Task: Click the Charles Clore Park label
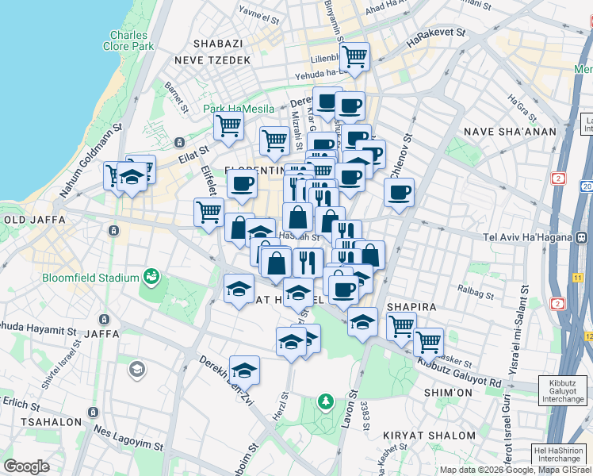pyautogui.click(x=128, y=40)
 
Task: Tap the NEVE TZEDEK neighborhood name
pyautogui.click(x=213, y=60)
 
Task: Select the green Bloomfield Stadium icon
pyautogui.click(x=151, y=278)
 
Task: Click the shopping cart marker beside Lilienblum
pyautogui.click(x=354, y=57)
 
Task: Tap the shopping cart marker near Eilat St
pyautogui.click(x=228, y=126)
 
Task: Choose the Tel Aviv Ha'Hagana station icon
pyautogui.click(x=581, y=236)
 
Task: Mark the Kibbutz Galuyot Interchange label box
pyautogui.click(x=563, y=391)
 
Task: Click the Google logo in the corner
pyautogui.click(x=26, y=466)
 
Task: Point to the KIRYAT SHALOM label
pyautogui.click(x=419, y=436)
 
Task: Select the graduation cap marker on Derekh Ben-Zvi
pyautogui.click(x=244, y=370)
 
